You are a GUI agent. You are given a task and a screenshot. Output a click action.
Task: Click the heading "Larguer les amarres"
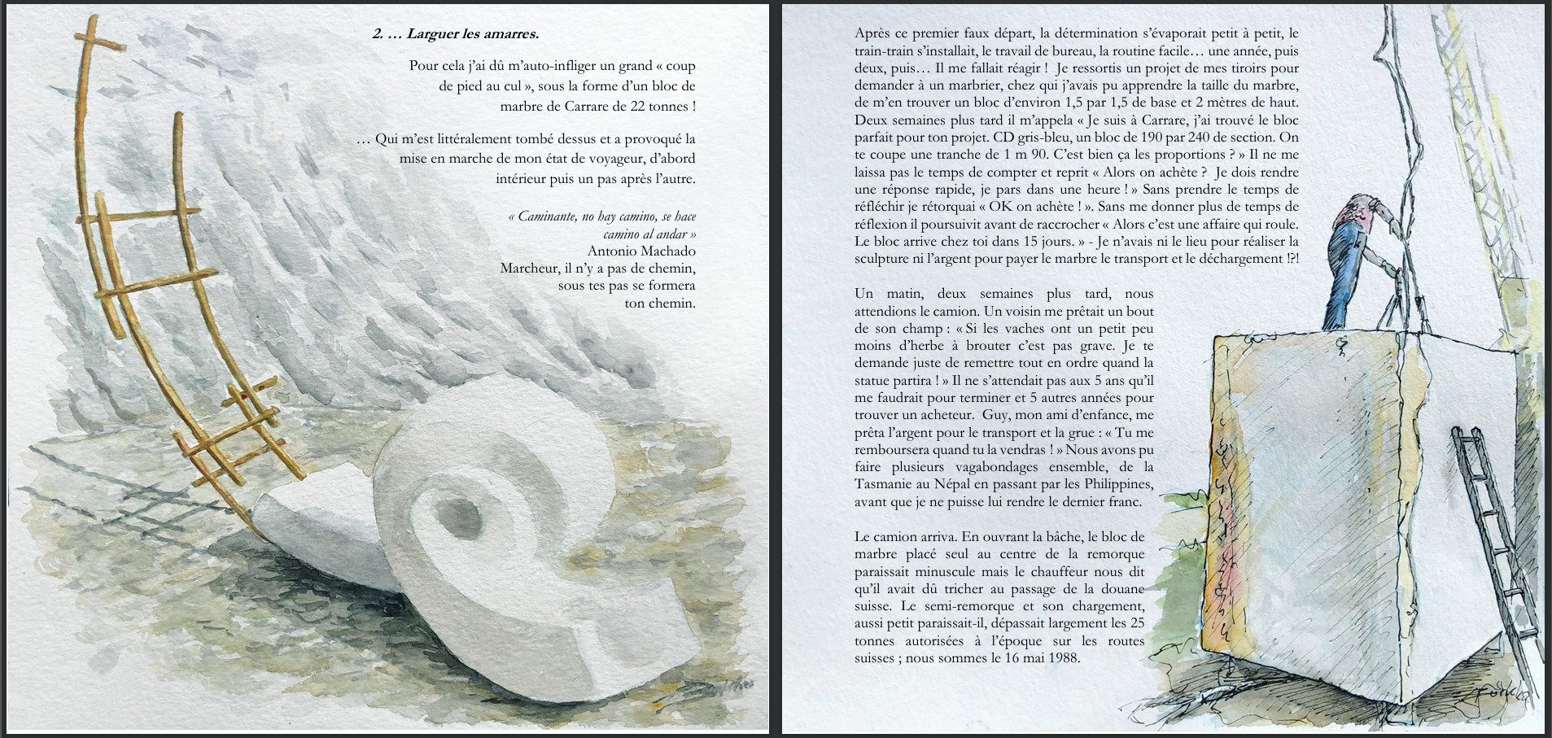tap(472, 34)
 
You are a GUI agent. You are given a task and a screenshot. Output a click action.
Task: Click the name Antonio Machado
tap(640, 251)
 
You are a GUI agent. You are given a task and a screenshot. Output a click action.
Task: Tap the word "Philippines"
tap(1114, 484)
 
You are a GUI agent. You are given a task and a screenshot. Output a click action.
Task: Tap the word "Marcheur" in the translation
tap(528, 269)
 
